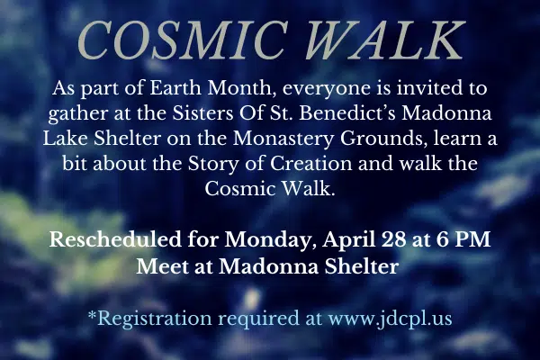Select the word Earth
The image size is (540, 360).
[x=175, y=88]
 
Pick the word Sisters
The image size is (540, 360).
[x=202, y=113]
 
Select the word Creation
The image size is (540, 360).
[x=310, y=164]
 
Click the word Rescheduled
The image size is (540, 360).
[x=115, y=239]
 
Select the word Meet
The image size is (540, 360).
[x=162, y=266]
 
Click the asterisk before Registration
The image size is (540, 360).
[x=92, y=314]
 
